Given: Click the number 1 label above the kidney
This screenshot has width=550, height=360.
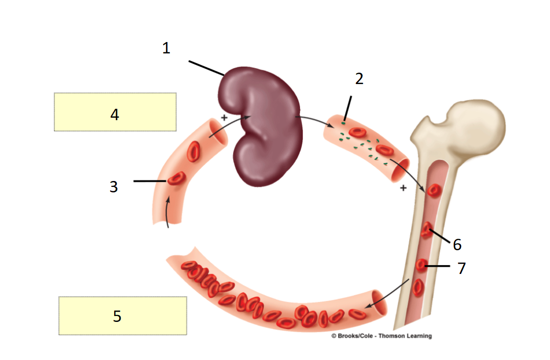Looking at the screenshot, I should (x=166, y=48).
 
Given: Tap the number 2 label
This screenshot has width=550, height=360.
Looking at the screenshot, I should (x=359, y=79).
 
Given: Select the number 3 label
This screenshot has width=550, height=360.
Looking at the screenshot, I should (x=114, y=187).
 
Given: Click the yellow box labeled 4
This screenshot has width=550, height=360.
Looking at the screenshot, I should (x=115, y=112).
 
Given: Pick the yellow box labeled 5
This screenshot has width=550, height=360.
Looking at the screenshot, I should (x=123, y=315).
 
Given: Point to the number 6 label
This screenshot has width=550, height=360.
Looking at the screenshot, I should (x=457, y=244).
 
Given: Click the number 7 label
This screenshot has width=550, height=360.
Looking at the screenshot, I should (x=462, y=268).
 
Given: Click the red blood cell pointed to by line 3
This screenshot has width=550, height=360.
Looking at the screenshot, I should (x=176, y=178).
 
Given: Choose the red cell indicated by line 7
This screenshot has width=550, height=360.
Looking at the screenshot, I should (x=422, y=266).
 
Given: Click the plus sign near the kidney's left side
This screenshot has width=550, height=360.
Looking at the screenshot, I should (x=224, y=118).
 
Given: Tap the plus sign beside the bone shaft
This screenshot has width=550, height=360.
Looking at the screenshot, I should (x=403, y=188).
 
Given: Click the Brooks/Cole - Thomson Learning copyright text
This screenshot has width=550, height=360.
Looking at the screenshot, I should (x=381, y=336).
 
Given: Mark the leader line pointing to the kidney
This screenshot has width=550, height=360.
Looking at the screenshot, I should (x=207, y=68).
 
